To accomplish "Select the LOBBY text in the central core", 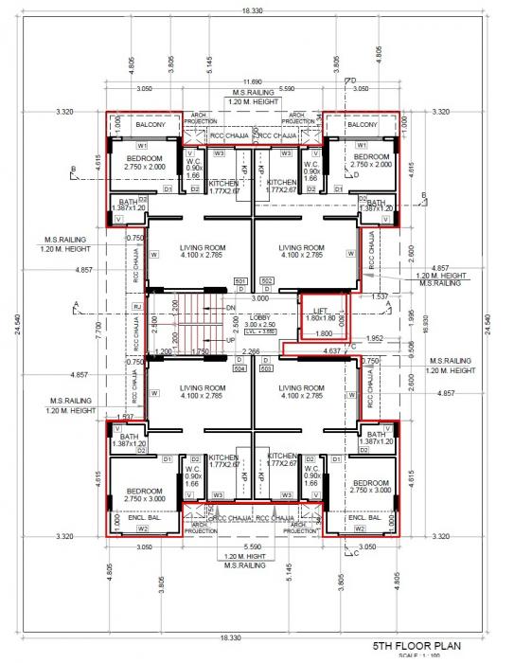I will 260,317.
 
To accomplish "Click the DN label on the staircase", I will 230,309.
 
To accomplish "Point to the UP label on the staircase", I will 230,339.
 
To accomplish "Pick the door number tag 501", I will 240,281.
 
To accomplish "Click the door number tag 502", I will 266,281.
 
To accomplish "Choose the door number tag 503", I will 266,368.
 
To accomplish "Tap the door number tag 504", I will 240,368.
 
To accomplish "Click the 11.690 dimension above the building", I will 251,82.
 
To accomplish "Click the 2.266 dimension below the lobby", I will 250,351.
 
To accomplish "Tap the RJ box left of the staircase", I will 137,307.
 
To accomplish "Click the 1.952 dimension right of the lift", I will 374,338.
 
